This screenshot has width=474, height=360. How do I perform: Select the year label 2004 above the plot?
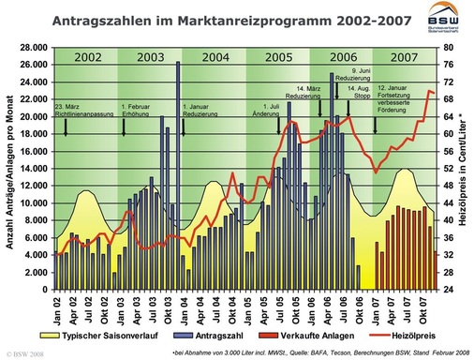215,57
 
